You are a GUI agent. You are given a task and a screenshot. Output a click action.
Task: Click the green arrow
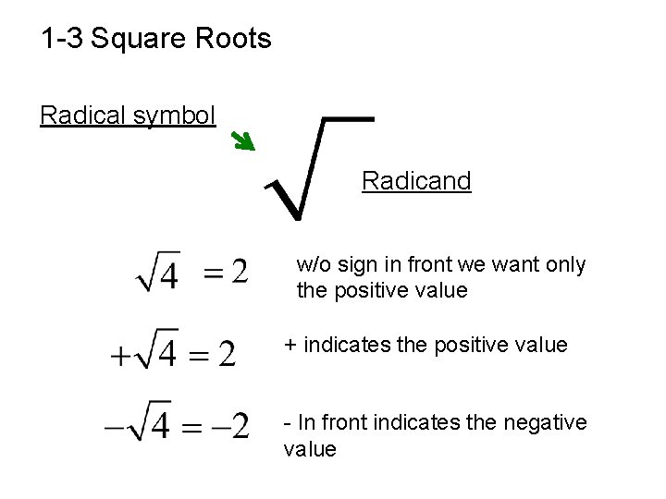click(x=242, y=140)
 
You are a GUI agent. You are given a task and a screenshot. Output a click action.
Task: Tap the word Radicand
click(x=416, y=180)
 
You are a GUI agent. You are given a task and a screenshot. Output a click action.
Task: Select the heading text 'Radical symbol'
click(x=128, y=115)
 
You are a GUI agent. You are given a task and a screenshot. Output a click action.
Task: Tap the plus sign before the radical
click(x=121, y=355)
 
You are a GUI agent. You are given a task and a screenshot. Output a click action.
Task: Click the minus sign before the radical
click(x=117, y=427)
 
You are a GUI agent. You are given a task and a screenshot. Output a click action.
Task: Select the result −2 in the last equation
click(x=228, y=426)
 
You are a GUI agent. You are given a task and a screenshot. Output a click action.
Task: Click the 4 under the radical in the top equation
click(x=167, y=275)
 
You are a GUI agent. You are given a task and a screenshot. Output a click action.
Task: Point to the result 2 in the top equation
click(x=239, y=272)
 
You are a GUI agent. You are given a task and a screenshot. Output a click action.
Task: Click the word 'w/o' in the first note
click(x=313, y=265)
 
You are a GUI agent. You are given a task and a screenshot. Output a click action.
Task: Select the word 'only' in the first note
click(x=565, y=265)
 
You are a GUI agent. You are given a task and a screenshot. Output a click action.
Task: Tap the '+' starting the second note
click(x=290, y=346)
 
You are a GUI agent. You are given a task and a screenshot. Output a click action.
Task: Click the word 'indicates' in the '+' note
click(x=342, y=345)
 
